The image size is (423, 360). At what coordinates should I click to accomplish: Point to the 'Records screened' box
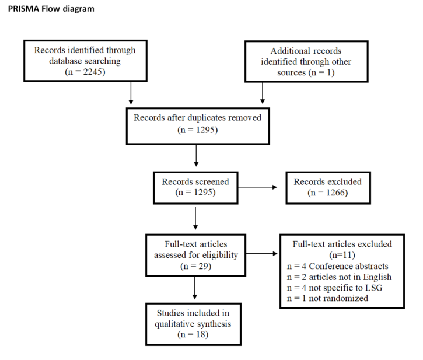pyautogui.click(x=195, y=187)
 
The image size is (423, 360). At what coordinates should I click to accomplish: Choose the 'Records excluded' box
pyautogui.click(x=327, y=187)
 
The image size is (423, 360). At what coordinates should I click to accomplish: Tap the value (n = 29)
pyautogui.click(x=195, y=265)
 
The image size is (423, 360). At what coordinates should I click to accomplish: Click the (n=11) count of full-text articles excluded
pyautogui.click(x=343, y=255)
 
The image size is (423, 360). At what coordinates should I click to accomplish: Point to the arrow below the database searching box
pyautogui.click(x=131, y=91)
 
